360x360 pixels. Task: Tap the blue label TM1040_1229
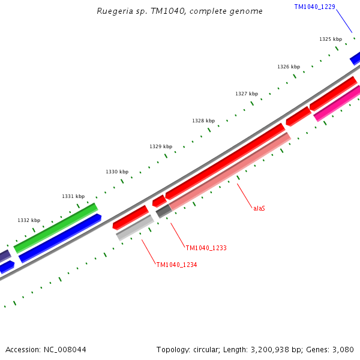314,7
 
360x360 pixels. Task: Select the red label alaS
259,208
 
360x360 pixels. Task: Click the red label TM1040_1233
206,248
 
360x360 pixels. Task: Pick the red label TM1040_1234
176,265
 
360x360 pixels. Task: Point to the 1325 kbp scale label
331,39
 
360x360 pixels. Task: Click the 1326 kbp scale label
289,67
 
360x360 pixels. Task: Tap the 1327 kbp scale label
247,94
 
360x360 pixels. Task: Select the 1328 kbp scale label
203,121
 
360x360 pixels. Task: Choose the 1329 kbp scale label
161,146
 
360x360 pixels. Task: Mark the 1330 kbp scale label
117,172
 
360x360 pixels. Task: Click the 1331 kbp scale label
73,196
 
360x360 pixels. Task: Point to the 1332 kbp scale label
29,220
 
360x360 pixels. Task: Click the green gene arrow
56,227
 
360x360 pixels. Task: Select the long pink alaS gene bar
230,171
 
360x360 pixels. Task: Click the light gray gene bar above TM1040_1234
135,227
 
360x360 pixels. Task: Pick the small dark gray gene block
163,211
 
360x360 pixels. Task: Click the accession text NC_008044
46,349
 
